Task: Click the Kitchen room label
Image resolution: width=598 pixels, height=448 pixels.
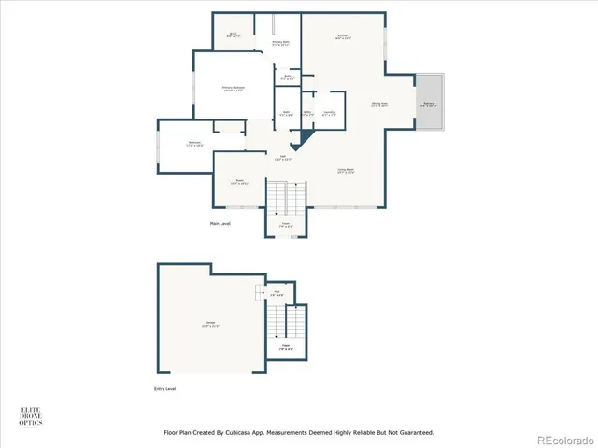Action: [x=342, y=37]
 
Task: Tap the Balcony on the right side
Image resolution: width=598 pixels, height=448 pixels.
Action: [x=430, y=105]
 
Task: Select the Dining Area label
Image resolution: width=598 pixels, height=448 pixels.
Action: [x=379, y=105]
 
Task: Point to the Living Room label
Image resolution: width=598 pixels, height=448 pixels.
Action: [x=346, y=171]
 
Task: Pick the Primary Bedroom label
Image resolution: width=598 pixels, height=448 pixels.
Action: [x=233, y=89]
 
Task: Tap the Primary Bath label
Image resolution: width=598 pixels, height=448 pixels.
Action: [x=280, y=43]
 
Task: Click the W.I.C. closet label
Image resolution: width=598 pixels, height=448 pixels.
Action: [x=235, y=35]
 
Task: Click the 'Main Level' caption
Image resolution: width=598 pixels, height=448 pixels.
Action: [x=221, y=224]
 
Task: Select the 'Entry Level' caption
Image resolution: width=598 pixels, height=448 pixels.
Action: [x=164, y=388]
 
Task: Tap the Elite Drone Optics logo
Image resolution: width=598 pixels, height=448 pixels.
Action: [x=31, y=416]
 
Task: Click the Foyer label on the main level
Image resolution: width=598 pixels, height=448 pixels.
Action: [x=288, y=225]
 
